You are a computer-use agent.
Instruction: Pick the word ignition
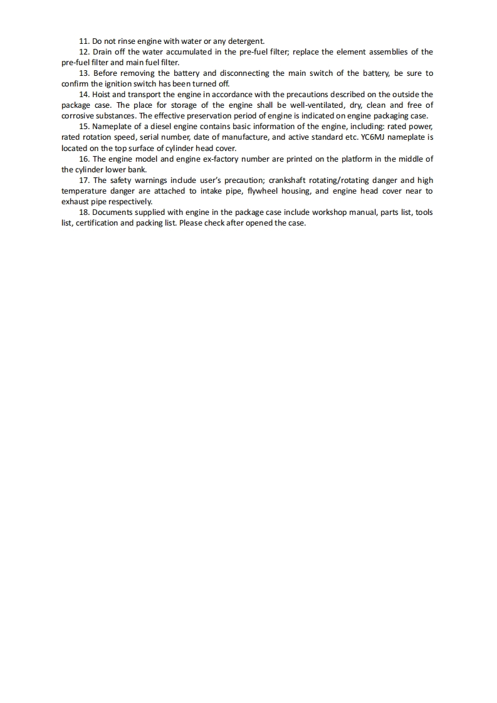[x=107, y=83]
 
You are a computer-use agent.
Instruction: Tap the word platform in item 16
[x=356, y=159]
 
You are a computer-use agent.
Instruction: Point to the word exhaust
[x=76, y=202]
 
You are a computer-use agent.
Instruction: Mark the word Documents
[x=116, y=212]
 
